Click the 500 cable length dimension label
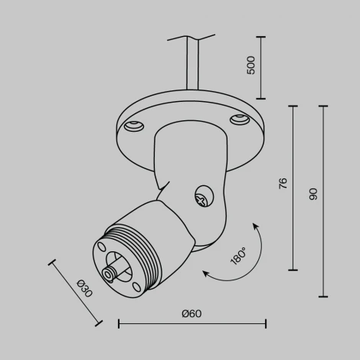pos(250,67)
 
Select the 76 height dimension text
pos(282,184)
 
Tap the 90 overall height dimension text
pos(312,194)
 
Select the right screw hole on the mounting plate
pos(237,119)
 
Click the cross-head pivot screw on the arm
pos(202,198)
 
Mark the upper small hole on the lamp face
pos(100,247)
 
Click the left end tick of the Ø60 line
pos(119,325)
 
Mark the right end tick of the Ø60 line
pos(266,325)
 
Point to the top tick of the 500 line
pos(260,36)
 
